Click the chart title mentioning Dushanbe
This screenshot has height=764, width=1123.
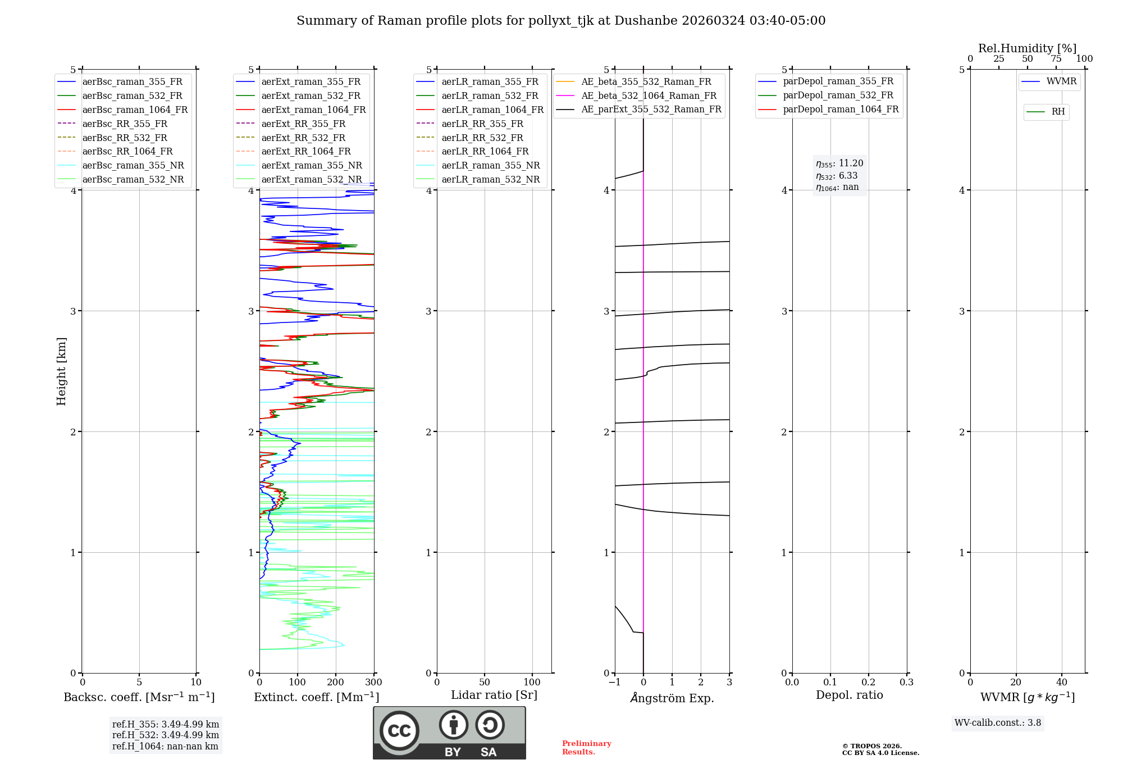point(561,21)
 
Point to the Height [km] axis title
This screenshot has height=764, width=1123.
point(61,371)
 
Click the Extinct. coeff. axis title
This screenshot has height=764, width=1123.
point(316,697)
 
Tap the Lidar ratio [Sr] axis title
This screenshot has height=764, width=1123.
point(494,695)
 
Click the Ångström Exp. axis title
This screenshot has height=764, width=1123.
point(672,698)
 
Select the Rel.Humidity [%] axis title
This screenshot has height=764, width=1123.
point(1027,48)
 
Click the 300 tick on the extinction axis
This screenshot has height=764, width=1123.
point(373,683)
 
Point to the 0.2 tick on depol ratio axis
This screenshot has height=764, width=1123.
point(869,683)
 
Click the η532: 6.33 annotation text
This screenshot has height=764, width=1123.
point(837,176)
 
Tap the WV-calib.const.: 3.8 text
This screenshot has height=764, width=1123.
point(998,723)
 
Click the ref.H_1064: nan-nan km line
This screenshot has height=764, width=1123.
point(165,746)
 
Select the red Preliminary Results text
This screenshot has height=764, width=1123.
point(586,748)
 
